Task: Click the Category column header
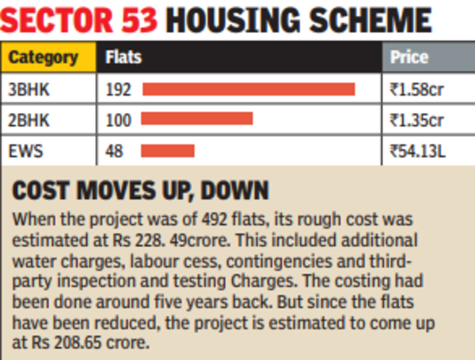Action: (x=44, y=58)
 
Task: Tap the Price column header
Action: (x=409, y=58)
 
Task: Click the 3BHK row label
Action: (x=28, y=89)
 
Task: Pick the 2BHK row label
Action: (x=28, y=119)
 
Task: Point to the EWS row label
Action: (x=23, y=150)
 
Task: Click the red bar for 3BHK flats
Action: (x=249, y=89)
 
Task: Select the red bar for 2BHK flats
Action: (x=197, y=119)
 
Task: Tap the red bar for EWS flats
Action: (x=168, y=150)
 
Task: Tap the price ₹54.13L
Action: (x=418, y=150)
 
